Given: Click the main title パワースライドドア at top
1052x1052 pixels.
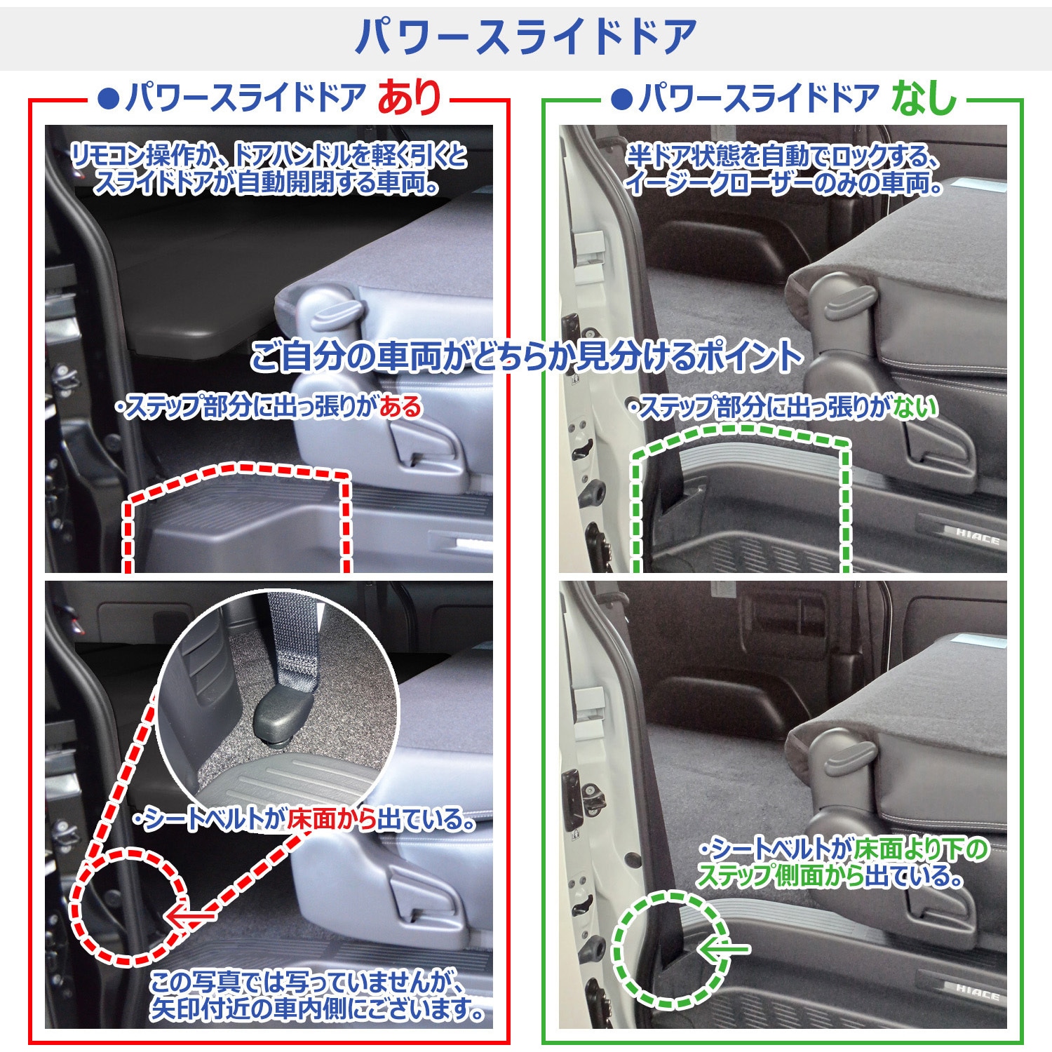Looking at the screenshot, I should [525, 36].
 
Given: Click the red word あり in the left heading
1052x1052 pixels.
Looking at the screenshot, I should [409, 97].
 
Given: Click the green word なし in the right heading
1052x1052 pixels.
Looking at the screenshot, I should [924, 97].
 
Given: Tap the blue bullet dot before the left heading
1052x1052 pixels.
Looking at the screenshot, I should [109, 98].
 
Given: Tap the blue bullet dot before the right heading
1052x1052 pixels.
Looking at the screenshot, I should [621, 98].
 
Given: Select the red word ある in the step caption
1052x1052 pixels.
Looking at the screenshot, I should [400, 407].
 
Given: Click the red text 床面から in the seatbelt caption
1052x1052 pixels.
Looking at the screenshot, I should [332, 819].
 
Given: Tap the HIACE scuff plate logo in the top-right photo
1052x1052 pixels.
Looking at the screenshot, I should [977, 537].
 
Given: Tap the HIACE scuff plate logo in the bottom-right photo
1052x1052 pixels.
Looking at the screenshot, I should [977, 992].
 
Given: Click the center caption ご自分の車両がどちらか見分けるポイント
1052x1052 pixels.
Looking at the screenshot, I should [526, 356].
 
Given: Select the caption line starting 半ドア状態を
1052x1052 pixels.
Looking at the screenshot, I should [782, 156].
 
